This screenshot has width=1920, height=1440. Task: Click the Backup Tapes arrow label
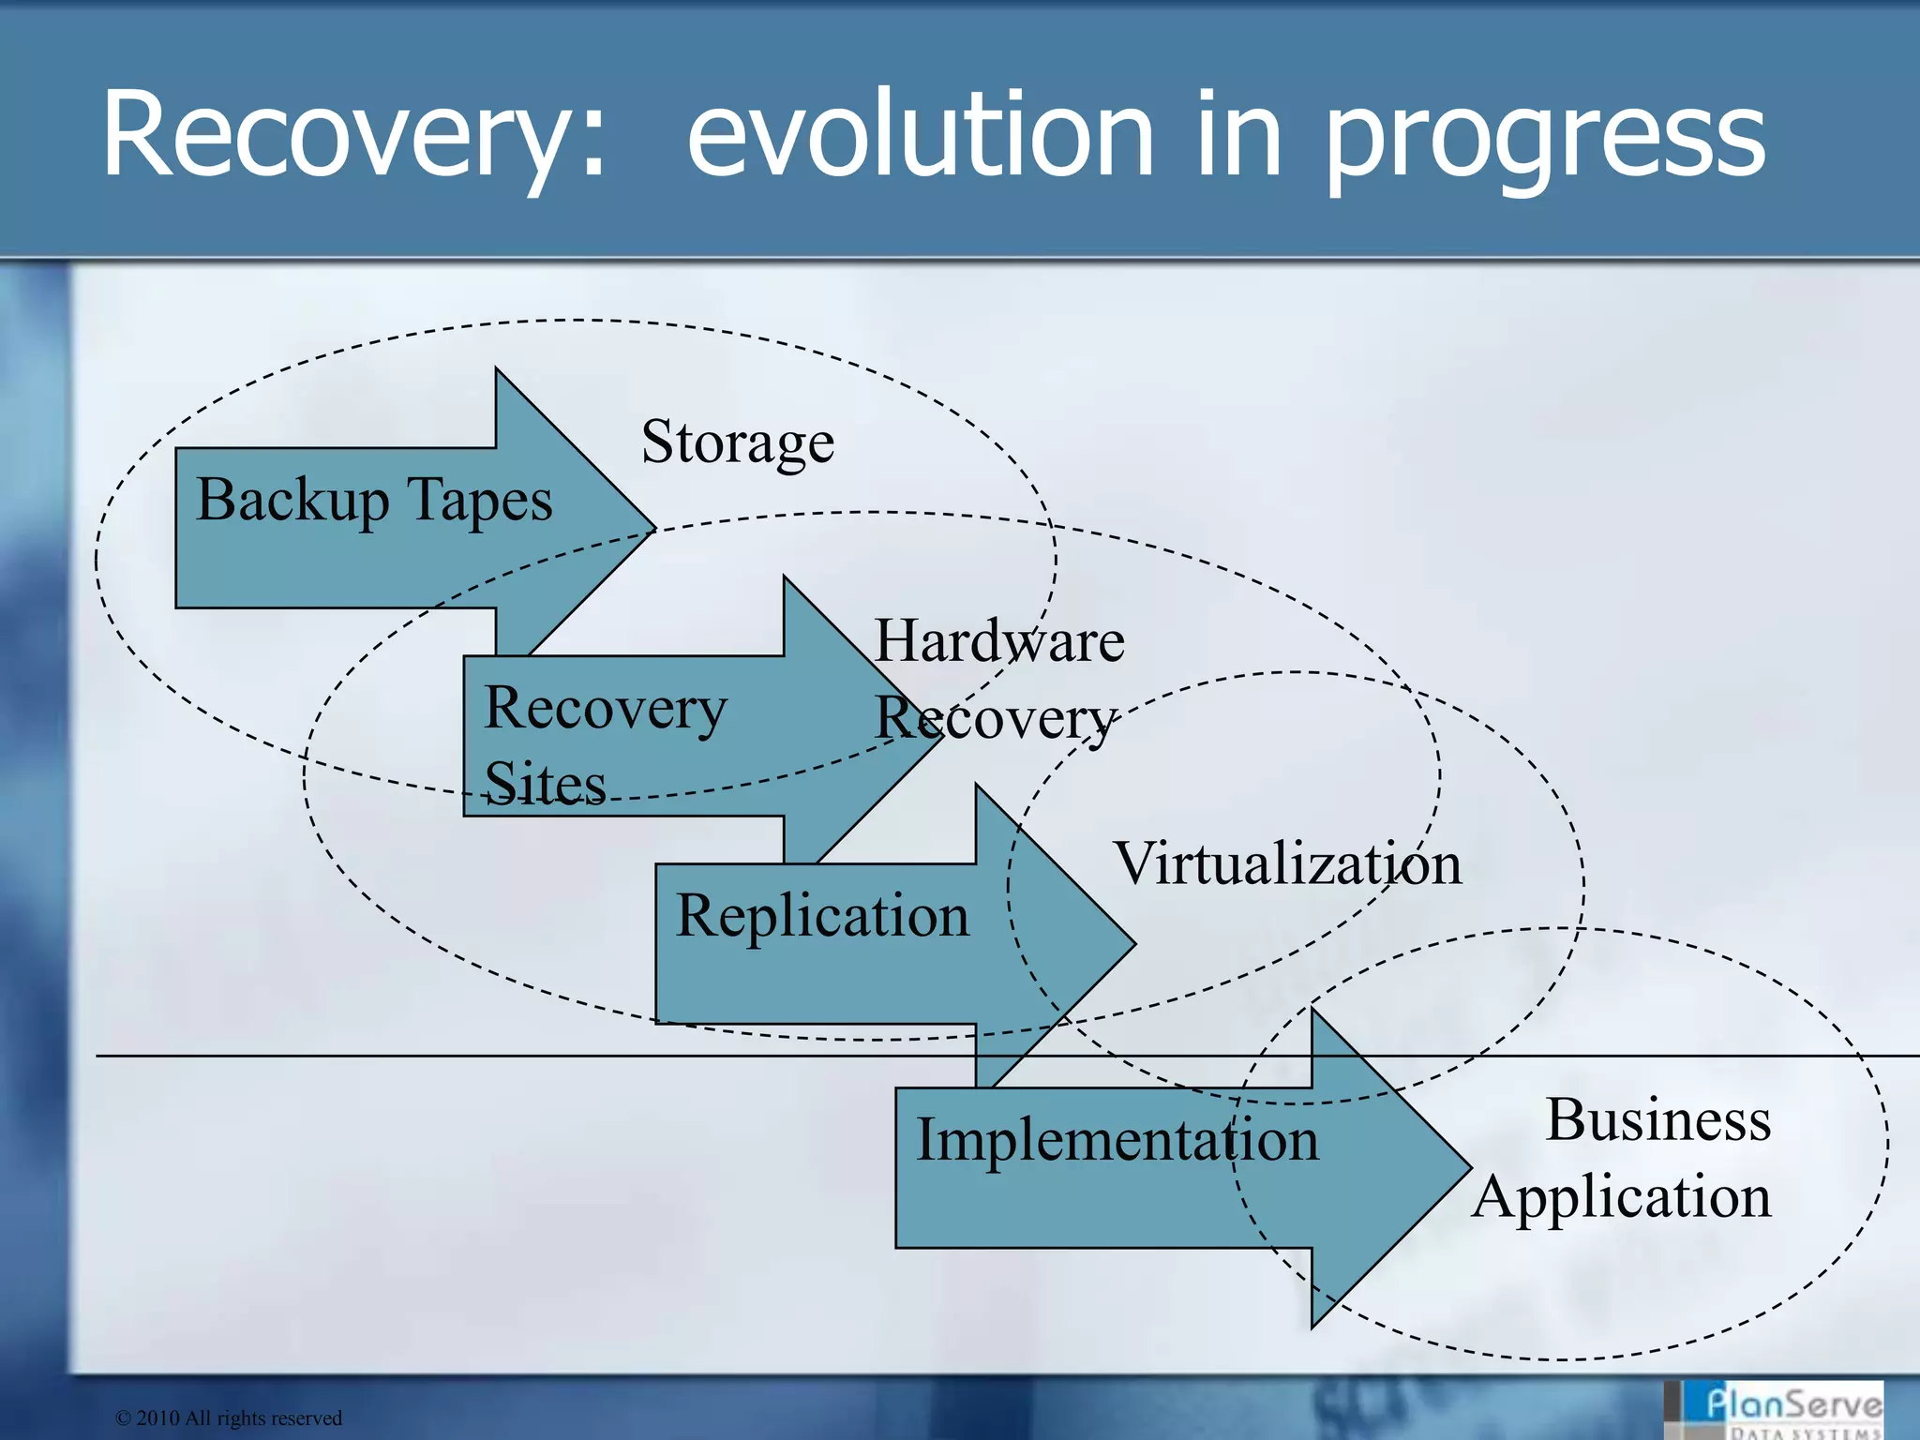tap(374, 500)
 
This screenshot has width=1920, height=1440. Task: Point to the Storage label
tap(738, 442)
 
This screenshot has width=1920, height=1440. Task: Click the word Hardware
tap(999, 641)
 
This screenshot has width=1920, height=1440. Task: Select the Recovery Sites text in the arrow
tap(605, 745)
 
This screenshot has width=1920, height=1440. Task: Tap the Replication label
tap(822, 916)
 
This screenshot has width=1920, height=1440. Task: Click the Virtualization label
tap(1287, 863)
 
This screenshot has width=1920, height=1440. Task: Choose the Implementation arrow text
tap(1117, 1141)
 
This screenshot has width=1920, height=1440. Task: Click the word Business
tap(1657, 1119)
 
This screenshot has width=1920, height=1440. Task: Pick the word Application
tap(1622, 1198)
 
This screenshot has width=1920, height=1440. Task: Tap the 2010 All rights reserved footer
tap(229, 1418)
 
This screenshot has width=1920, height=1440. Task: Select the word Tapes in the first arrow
tap(481, 500)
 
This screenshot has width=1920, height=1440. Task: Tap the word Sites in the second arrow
tap(545, 784)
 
